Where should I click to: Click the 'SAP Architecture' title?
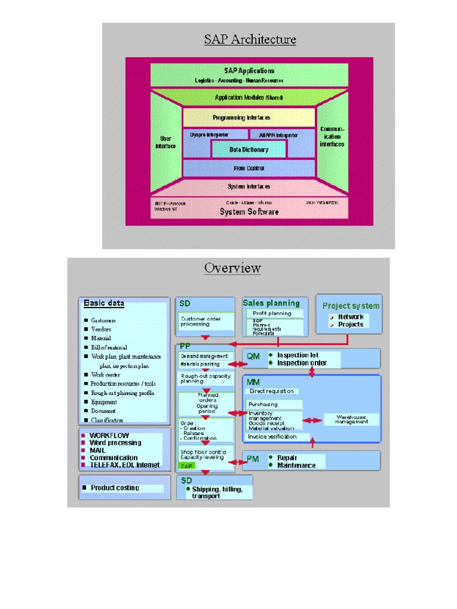coord(250,40)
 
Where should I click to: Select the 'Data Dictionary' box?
coord(249,150)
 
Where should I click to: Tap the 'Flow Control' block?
coord(249,168)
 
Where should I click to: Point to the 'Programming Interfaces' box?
coord(249,118)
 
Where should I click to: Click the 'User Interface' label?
coord(166,142)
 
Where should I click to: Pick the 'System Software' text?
coord(249,212)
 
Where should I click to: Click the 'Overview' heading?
coord(232,268)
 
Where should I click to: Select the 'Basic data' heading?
coord(104,303)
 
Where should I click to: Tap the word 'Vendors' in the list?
coord(101,329)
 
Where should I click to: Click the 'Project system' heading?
coord(350,306)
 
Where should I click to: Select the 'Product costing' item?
coord(115,488)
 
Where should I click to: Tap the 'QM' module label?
coord(253,357)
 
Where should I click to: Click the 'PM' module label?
coord(252,459)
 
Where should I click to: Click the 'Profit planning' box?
coord(272,313)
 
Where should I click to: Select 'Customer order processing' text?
coord(201,322)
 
